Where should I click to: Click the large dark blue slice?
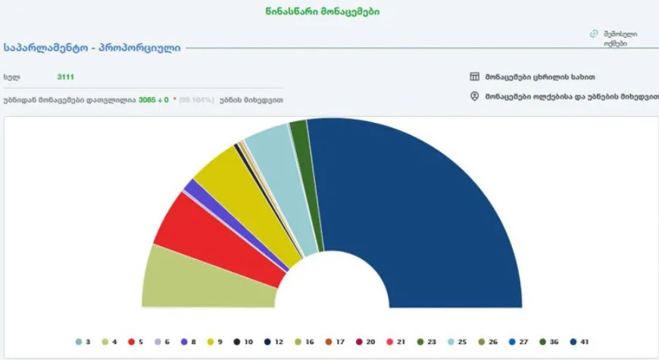(424, 212)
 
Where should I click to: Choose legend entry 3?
(83, 342)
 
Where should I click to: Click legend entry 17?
(334, 342)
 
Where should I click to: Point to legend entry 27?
(517, 342)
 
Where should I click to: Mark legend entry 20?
(364, 342)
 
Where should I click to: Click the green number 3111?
(65, 77)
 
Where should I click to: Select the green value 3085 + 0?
(153, 99)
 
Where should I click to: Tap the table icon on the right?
(475, 77)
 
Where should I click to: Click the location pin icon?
(475, 96)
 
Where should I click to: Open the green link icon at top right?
(595, 34)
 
